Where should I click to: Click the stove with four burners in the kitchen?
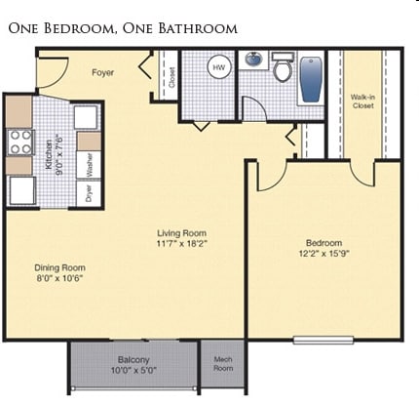coord(20,144)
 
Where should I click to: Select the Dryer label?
coord(89,190)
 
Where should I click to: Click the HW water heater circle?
coord(219,67)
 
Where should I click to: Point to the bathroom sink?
coord(255,61)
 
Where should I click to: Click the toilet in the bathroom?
coord(283,69)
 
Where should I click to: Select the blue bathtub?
coord(311,78)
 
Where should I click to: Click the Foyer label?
coord(103,72)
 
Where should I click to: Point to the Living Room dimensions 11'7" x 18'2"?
coord(182,245)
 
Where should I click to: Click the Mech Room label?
coord(223,365)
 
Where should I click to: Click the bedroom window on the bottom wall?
coord(323,340)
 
